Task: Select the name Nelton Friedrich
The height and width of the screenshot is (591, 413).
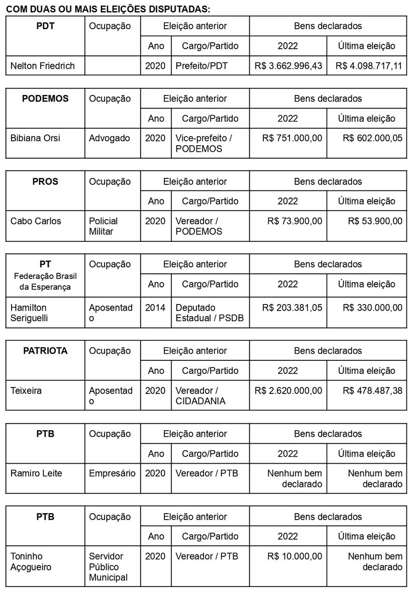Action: click(x=42, y=66)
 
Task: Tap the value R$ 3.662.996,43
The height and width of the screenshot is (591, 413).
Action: click(x=288, y=66)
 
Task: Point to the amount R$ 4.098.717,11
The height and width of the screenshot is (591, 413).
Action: click(x=369, y=66)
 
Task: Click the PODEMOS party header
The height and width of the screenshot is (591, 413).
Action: click(x=45, y=98)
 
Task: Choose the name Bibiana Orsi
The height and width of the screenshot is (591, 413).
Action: click(x=35, y=138)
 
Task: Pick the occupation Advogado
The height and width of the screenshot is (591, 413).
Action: click(x=110, y=138)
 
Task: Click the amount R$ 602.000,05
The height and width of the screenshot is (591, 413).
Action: click(x=372, y=138)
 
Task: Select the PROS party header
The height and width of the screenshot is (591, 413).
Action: click(x=45, y=181)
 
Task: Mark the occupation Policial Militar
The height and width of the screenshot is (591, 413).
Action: click(x=104, y=226)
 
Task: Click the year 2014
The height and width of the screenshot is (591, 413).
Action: click(x=155, y=308)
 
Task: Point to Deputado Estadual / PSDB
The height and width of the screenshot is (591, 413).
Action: click(x=210, y=313)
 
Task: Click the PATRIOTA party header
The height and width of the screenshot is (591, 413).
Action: click(x=45, y=351)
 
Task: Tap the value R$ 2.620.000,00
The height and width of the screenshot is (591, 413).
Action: click(x=288, y=390)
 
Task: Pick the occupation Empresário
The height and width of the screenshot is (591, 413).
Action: click(x=112, y=473)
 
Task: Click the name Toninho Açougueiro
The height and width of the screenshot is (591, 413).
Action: click(x=31, y=561)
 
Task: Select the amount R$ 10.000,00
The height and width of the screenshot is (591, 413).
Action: click(x=294, y=556)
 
